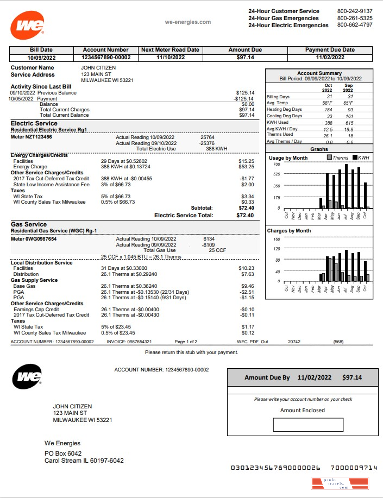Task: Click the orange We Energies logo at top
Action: [27, 25]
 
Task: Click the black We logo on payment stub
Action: [27, 376]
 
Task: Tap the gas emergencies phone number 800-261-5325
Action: [355, 18]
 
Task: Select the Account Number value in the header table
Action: [106, 57]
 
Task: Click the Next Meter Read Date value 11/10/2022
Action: [170, 57]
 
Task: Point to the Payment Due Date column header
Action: [330, 49]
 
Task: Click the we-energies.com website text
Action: [187, 22]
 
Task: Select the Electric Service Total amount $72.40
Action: [245, 215]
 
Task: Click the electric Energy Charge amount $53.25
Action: [246, 167]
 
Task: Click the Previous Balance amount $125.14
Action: [245, 93]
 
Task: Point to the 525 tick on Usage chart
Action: [276, 174]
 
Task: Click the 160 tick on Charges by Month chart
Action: [276, 239]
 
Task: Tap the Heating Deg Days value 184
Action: [328, 109]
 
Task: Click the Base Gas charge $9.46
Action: [247, 286]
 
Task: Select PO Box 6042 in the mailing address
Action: [63, 453]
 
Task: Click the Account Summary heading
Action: [319, 73]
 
